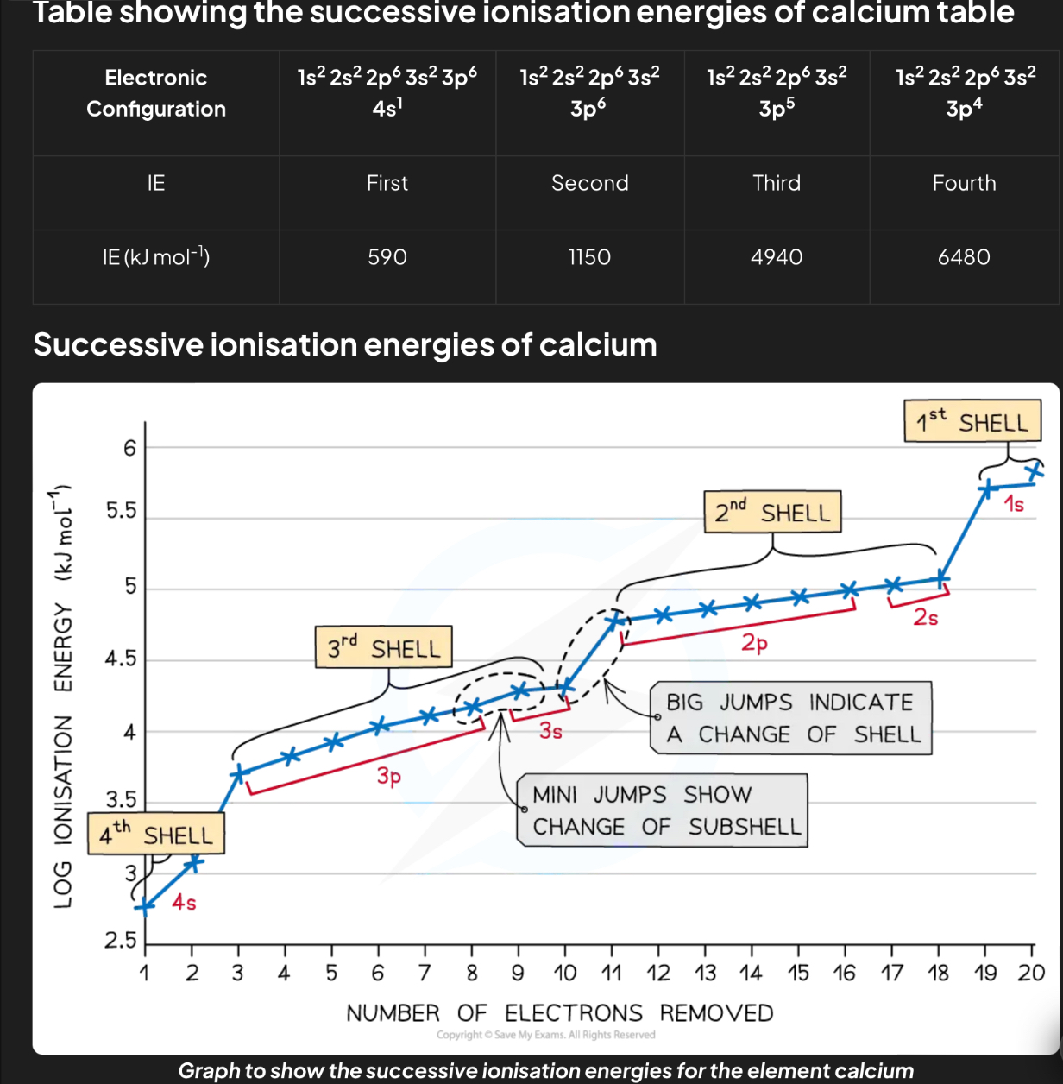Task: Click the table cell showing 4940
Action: (777, 257)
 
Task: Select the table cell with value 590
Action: (387, 257)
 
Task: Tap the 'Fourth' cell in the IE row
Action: (964, 183)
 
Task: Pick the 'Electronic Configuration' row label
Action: (156, 93)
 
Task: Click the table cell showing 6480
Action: (964, 257)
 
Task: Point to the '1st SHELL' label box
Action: (972, 421)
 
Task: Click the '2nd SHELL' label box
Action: (772, 513)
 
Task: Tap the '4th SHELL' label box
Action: (156, 835)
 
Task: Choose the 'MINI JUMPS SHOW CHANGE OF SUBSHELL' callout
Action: (662, 810)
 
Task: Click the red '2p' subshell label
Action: (754, 643)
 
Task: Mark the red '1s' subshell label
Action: (1014, 504)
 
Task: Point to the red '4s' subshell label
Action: (184, 903)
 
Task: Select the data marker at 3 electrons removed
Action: (239, 773)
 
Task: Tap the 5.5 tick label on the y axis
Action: (121, 511)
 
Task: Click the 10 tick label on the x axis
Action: (564, 974)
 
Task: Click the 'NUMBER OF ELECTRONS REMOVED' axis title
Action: (559, 1013)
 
